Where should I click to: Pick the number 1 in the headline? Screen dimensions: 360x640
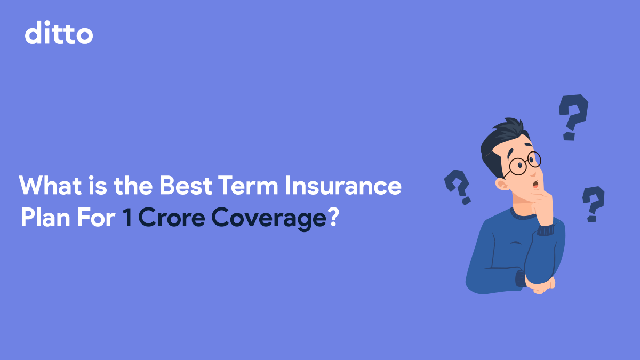(127, 219)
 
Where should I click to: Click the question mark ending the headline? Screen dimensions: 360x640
(332, 219)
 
